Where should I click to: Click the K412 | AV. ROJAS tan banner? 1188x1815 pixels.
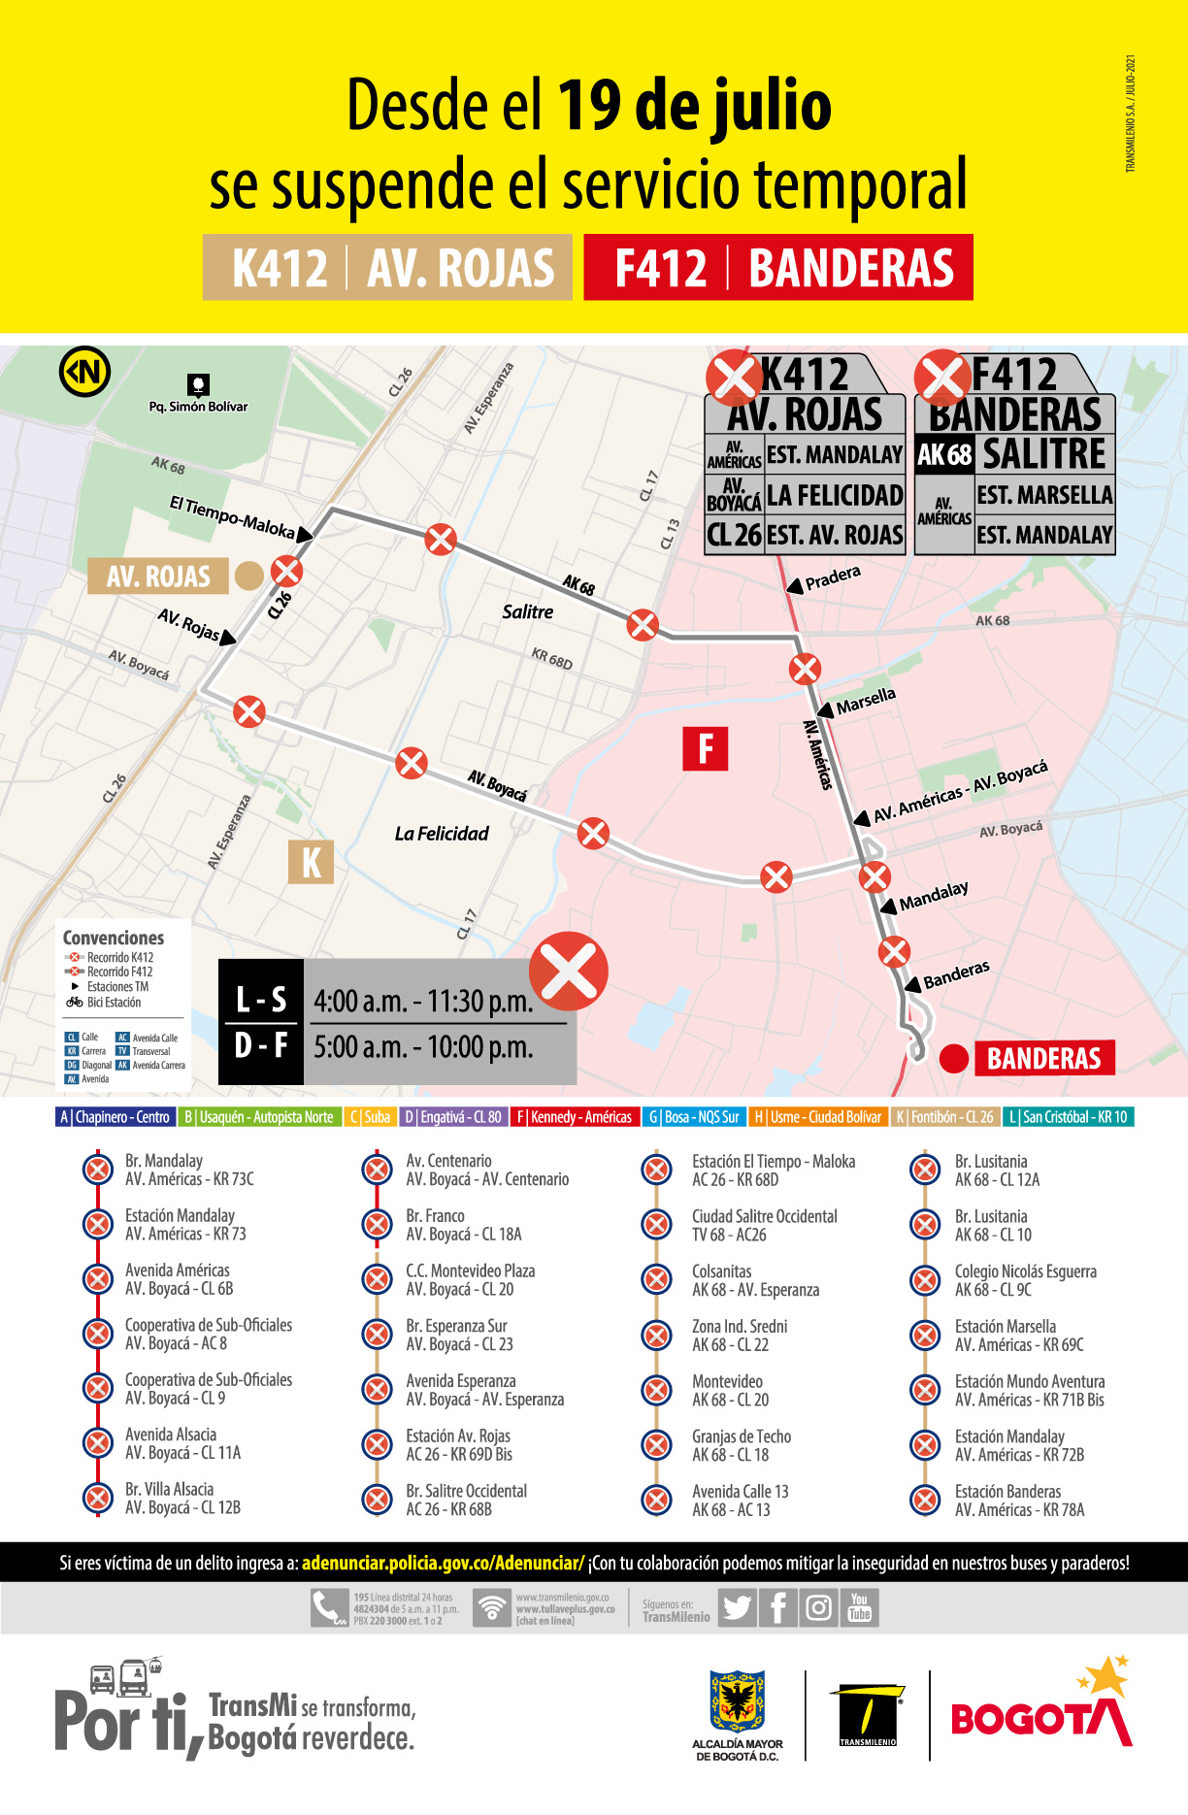click(x=387, y=268)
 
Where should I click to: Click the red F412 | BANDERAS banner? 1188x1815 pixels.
click(x=777, y=268)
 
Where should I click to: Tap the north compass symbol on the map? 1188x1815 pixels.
click(x=84, y=371)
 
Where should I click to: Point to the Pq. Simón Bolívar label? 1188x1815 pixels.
click(x=198, y=407)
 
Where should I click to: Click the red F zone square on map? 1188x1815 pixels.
click(x=705, y=748)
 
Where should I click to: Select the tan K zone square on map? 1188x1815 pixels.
click(x=311, y=862)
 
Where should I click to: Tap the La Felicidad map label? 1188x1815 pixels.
click(x=442, y=834)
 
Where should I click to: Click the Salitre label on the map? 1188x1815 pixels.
click(x=527, y=611)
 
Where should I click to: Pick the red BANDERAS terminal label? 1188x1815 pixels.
click(x=1043, y=1058)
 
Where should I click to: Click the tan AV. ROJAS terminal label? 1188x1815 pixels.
click(x=158, y=577)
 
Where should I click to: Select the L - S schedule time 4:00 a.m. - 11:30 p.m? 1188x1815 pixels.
click(x=423, y=1001)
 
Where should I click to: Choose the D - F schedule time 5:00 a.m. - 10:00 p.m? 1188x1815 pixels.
click(x=423, y=1047)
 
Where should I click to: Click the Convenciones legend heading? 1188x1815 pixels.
click(x=114, y=938)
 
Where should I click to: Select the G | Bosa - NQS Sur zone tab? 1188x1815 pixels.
click(x=693, y=1117)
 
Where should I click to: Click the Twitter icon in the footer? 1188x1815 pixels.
click(x=737, y=1608)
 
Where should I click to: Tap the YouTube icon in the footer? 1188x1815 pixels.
click(x=860, y=1608)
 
